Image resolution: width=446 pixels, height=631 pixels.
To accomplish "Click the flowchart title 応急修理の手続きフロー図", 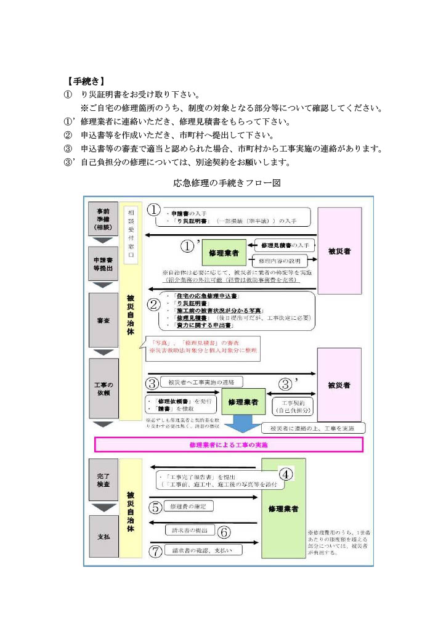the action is tap(227, 183).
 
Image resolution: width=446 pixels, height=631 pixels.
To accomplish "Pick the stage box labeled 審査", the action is tap(103, 320).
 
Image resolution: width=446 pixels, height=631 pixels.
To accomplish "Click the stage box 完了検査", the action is tap(103, 480).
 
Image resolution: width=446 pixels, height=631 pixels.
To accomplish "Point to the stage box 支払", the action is tap(103, 537).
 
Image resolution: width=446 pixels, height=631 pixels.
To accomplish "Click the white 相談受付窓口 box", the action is tap(131, 235).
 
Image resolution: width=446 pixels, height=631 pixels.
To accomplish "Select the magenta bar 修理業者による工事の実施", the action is tap(229, 444).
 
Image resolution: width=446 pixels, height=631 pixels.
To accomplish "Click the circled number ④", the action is tap(286, 474).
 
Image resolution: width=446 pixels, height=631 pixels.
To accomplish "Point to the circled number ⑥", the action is tap(224, 531).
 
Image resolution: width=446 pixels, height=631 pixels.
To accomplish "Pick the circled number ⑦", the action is tap(156, 550).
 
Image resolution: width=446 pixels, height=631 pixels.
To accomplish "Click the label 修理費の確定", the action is tap(189, 507).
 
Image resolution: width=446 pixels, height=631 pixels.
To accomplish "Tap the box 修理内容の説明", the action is tap(279, 261).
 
